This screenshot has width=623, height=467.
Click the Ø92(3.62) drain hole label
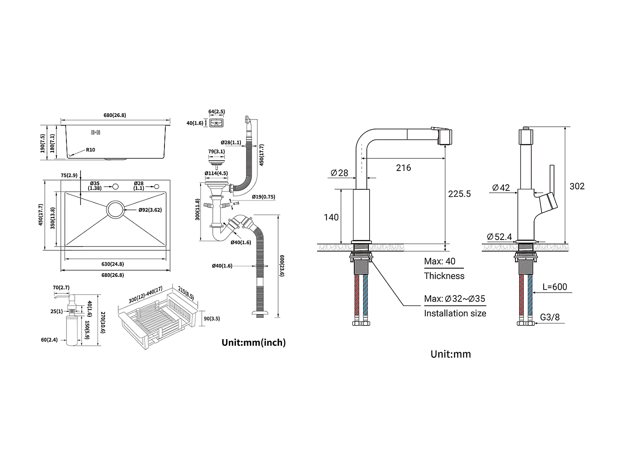pos(150,210)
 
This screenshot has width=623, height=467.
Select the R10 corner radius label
pos(91,150)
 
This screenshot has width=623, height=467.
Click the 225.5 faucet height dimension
pos(459,194)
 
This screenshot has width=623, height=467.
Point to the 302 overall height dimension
pos(577,186)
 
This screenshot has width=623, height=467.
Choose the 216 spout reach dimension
pos(403,168)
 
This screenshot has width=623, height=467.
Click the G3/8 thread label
pos(550,318)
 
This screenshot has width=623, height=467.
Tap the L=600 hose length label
pos(554,287)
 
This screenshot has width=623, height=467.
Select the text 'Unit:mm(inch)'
pos(254,342)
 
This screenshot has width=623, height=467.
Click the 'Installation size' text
pos(455,313)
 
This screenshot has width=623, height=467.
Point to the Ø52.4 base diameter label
pos(500,237)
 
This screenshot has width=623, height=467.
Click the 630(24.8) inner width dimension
pos(113,264)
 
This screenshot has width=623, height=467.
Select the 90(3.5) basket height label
pos(212,319)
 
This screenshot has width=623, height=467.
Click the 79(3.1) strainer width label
pos(216,152)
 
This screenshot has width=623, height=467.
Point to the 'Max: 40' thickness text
pos(439,262)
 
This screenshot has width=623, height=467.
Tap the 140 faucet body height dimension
pos(331,217)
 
